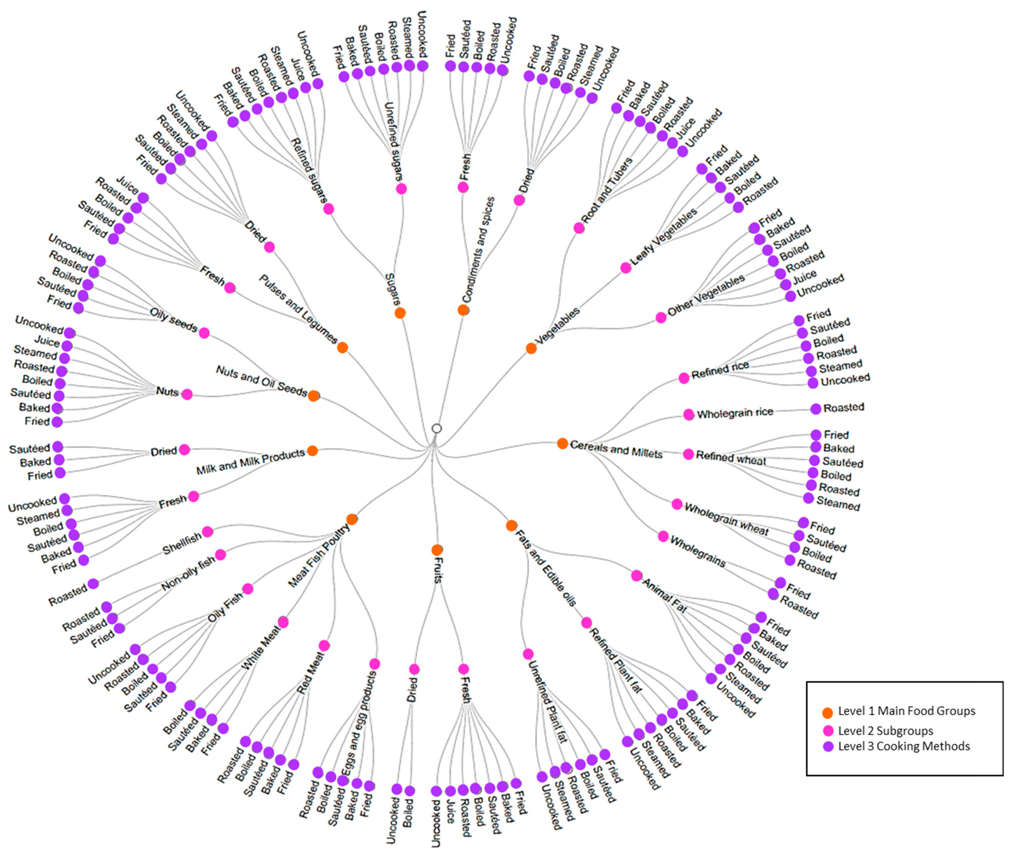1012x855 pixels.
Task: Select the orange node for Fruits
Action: (437, 550)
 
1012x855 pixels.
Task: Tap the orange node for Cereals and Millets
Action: (562, 443)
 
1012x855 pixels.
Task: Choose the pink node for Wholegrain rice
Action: (689, 414)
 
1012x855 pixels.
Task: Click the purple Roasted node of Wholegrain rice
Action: (816, 409)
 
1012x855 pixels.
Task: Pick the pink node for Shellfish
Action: (208, 532)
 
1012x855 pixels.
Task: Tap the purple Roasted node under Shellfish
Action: (93, 583)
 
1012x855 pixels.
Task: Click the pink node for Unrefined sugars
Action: (401, 189)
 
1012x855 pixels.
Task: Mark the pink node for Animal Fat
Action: (636, 575)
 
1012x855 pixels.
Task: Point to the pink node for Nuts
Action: (187, 394)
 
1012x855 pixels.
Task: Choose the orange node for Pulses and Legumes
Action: (342, 347)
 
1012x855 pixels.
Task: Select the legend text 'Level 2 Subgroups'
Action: (885, 731)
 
